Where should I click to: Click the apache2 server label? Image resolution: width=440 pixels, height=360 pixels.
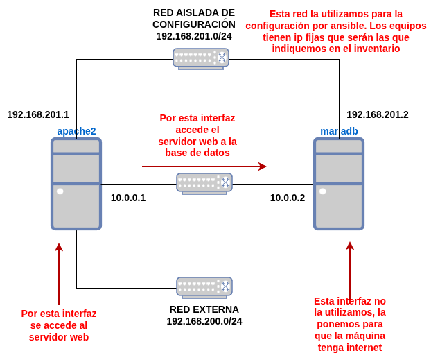tap(76, 131)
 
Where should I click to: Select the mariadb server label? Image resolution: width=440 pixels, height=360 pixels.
tap(339, 131)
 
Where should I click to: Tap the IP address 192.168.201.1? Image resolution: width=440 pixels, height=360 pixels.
tap(38, 114)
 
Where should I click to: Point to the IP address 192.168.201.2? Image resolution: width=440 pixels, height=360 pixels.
tap(378, 114)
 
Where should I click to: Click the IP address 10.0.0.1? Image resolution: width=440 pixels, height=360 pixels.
tap(128, 198)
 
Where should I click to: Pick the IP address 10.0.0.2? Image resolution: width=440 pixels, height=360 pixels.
tap(288, 198)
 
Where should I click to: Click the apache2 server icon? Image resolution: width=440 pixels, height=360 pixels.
tap(76, 183)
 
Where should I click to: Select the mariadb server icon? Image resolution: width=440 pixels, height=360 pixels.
tap(339, 183)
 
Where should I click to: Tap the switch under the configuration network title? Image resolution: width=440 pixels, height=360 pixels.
tap(201, 58)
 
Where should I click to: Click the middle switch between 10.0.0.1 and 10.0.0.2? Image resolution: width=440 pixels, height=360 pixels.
tap(204, 183)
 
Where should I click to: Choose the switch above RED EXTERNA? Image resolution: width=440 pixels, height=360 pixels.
tap(204, 287)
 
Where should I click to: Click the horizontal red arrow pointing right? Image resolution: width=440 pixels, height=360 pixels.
tap(204, 166)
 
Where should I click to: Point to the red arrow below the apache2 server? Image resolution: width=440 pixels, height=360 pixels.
tap(59, 273)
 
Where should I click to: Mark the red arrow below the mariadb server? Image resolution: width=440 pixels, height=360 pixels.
tap(350, 271)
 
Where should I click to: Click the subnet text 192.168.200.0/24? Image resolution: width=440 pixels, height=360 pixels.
tap(204, 321)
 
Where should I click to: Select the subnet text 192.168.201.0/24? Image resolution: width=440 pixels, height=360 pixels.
tap(194, 36)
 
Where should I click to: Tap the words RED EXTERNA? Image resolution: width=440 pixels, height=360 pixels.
tap(204, 309)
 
